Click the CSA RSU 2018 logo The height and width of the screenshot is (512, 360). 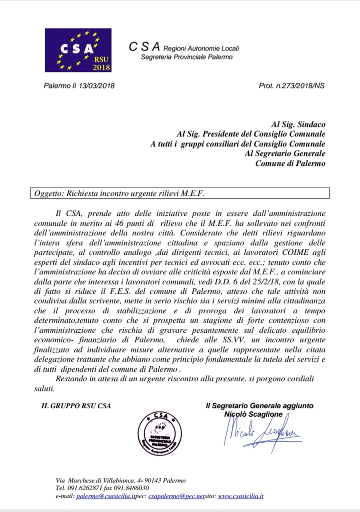[x=78, y=50]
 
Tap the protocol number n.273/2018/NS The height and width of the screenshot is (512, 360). [x=299, y=85]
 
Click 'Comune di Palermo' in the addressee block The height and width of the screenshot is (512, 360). [x=290, y=163]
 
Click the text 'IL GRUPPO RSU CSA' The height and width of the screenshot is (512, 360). [x=76, y=406]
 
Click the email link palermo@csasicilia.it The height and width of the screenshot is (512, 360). [x=107, y=496]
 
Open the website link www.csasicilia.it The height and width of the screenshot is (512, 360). [x=241, y=496]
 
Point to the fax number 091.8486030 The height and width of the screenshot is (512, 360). [x=130, y=488]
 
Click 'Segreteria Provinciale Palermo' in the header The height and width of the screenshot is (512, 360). [x=187, y=57]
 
